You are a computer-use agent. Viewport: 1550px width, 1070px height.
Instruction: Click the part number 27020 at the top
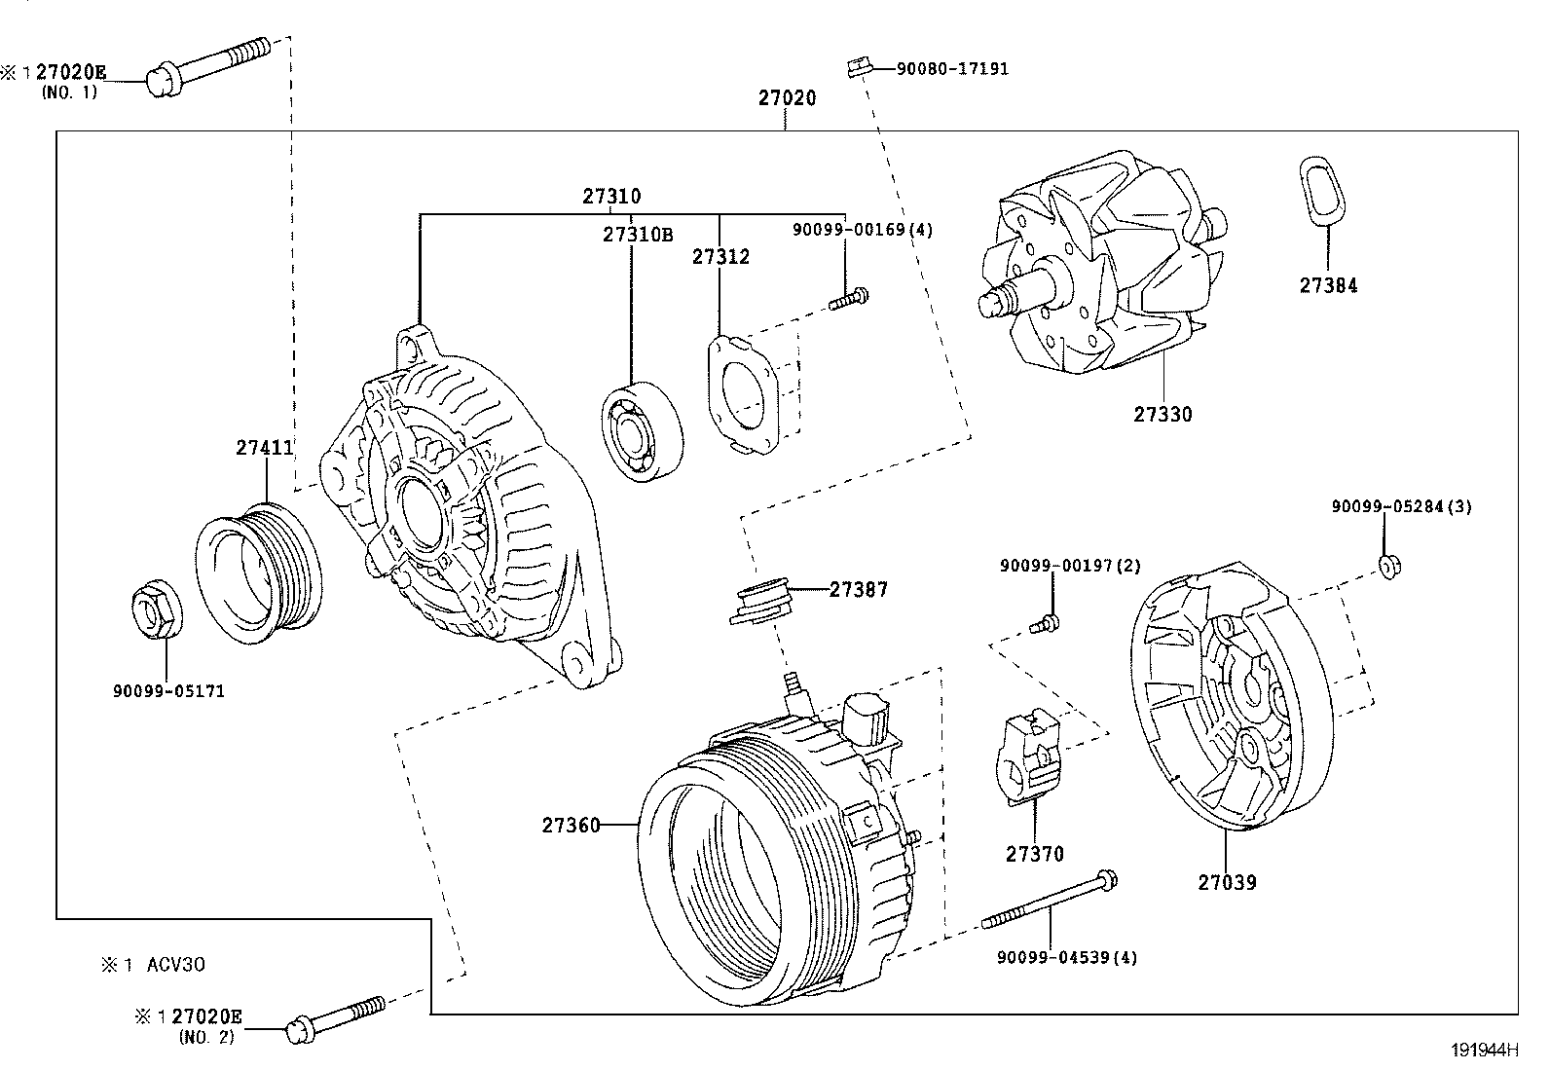tap(787, 98)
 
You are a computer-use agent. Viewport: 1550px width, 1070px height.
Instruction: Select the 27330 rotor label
tap(1162, 414)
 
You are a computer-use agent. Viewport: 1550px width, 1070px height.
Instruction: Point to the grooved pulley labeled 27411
tap(261, 572)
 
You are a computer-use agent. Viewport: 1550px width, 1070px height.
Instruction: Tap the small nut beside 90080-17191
tap(857, 68)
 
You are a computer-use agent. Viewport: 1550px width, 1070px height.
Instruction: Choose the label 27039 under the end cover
tap(1227, 883)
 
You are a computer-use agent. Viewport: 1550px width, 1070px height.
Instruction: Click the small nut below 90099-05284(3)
tap(1388, 565)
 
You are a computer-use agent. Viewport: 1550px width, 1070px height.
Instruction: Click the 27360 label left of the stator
tap(571, 826)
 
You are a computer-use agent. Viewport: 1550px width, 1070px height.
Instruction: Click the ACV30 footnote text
tap(175, 965)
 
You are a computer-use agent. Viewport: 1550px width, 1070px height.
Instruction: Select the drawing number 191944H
tap(1484, 1050)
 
